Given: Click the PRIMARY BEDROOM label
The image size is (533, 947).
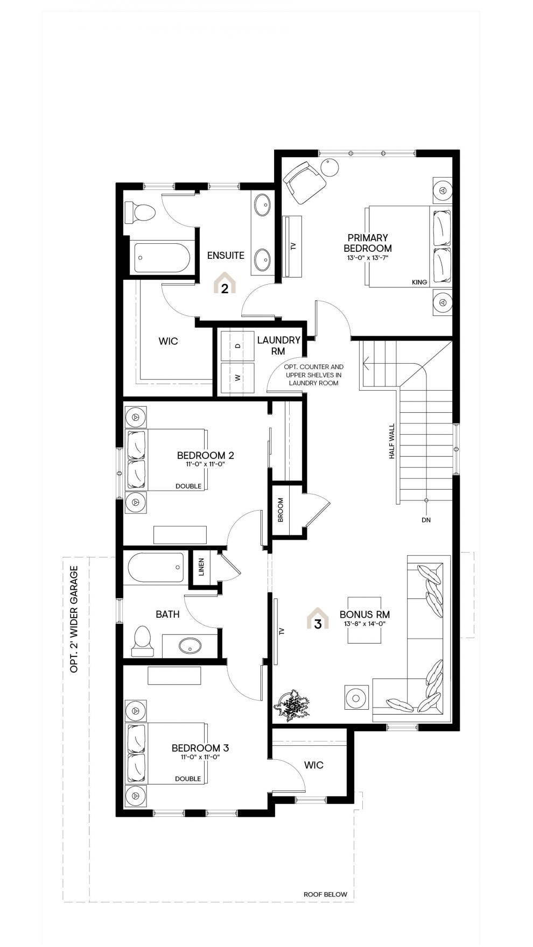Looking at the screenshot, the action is [x=368, y=243].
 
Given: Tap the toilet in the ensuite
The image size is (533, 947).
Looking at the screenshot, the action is [x=139, y=212].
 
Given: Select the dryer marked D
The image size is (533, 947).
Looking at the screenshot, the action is [x=237, y=347].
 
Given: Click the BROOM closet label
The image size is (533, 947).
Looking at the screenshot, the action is [x=280, y=510].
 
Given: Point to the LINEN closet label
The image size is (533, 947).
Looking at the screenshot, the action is [x=201, y=567].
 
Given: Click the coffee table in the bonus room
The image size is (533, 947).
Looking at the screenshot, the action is [x=364, y=620].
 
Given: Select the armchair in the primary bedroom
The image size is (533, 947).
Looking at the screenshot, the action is [x=304, y=182].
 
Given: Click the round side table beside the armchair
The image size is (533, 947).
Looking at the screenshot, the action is [x=329, y=167].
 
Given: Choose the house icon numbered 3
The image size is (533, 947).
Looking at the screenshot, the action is [x=318, y=619].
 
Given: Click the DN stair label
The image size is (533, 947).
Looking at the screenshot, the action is [x=426, y=520].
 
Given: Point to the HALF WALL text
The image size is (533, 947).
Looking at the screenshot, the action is [x=392, y=441].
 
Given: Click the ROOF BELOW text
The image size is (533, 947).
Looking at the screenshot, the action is [x=325, y=894].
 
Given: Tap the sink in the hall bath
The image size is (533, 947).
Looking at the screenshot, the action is [x=189, y=646].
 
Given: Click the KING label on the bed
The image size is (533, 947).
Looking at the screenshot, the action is [x=419, y=282].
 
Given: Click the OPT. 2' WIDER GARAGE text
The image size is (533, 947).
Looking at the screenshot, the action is [x=74, y=619].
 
